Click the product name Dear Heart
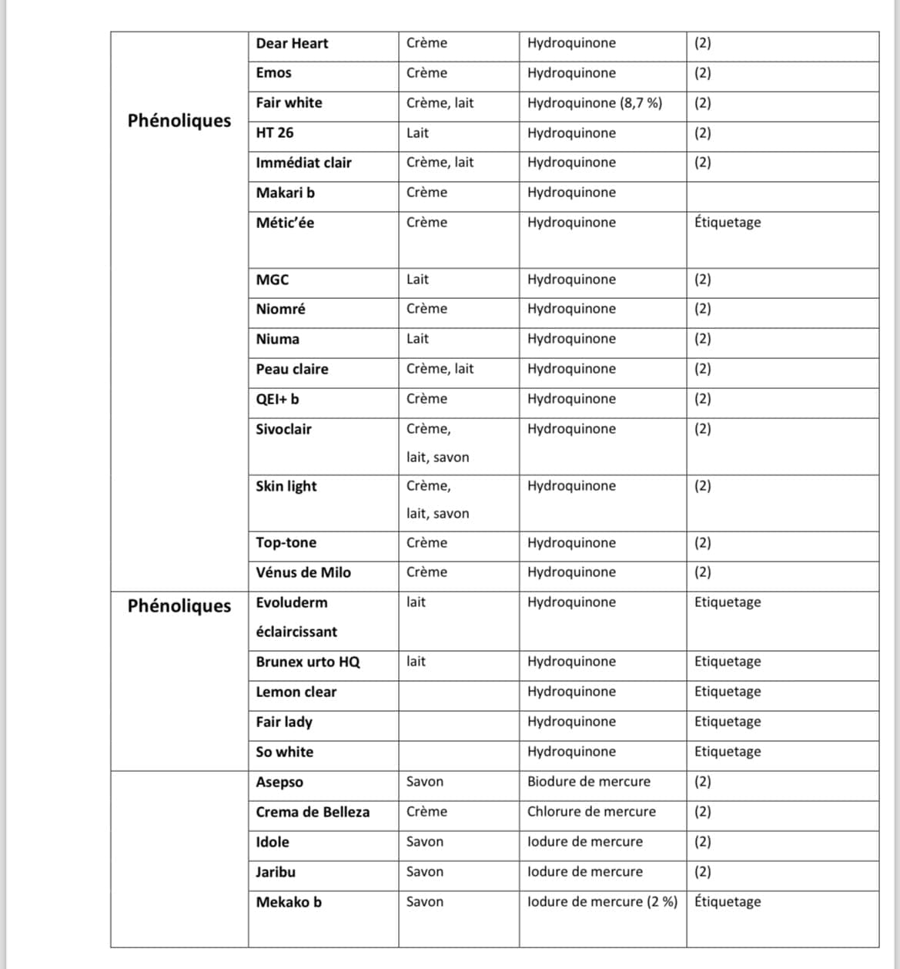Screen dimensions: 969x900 click(292, 44)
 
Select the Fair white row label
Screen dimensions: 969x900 click(289, 103)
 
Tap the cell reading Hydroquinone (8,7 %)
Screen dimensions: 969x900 click(594, 103)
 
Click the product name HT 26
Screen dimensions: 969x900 click(275, 133)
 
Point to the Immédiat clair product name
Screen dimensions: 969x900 click(303, 163)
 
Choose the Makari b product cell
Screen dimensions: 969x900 click(285, 193)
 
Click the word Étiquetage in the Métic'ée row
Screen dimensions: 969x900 click(728, 223)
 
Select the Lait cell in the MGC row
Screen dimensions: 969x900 click(417, 280)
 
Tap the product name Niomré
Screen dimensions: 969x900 click(280, 310)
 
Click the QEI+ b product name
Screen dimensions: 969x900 click(277, 400)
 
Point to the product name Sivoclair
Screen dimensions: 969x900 click(283, 430)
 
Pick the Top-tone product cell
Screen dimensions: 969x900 click(286, 543)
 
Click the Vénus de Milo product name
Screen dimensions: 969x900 click(303, 573)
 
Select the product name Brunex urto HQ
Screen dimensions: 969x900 click(308, 662)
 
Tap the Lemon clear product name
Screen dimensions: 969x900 click(296, 692)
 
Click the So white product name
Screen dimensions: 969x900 click(285, 753)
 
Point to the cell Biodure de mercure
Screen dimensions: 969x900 click(589, 782)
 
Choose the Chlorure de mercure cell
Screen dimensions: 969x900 click(591, 812)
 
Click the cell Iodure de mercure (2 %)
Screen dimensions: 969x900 click(602, 902)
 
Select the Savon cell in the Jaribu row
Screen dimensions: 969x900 click(425, 872)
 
